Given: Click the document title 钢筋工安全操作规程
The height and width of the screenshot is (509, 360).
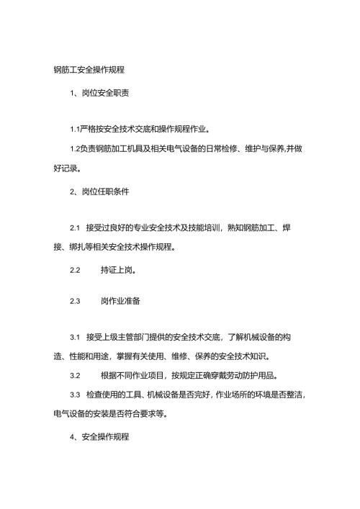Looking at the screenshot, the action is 89,71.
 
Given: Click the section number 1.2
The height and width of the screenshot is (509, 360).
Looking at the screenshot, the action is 75,149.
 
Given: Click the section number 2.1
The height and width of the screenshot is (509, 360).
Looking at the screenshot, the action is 74,228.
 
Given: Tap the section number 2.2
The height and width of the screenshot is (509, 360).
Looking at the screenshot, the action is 74,273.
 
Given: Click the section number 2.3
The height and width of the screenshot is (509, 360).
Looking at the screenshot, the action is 74,302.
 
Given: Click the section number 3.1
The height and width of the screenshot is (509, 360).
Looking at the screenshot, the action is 74,337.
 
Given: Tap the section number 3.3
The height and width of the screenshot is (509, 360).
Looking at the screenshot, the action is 74,395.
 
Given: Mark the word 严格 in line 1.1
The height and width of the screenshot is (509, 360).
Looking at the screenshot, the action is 89,130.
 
